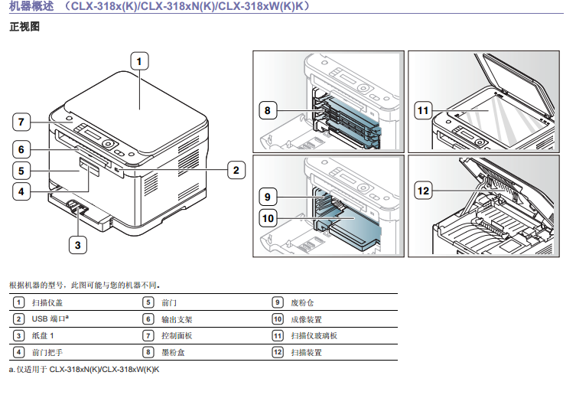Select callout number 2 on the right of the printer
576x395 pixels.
[x=236, y=170]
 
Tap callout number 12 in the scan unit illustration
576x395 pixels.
[x=423, y=188]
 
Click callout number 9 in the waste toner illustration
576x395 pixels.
[x=267, y=196]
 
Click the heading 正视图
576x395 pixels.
[x=24, y=27]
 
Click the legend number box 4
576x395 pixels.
[x=18, y=353]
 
